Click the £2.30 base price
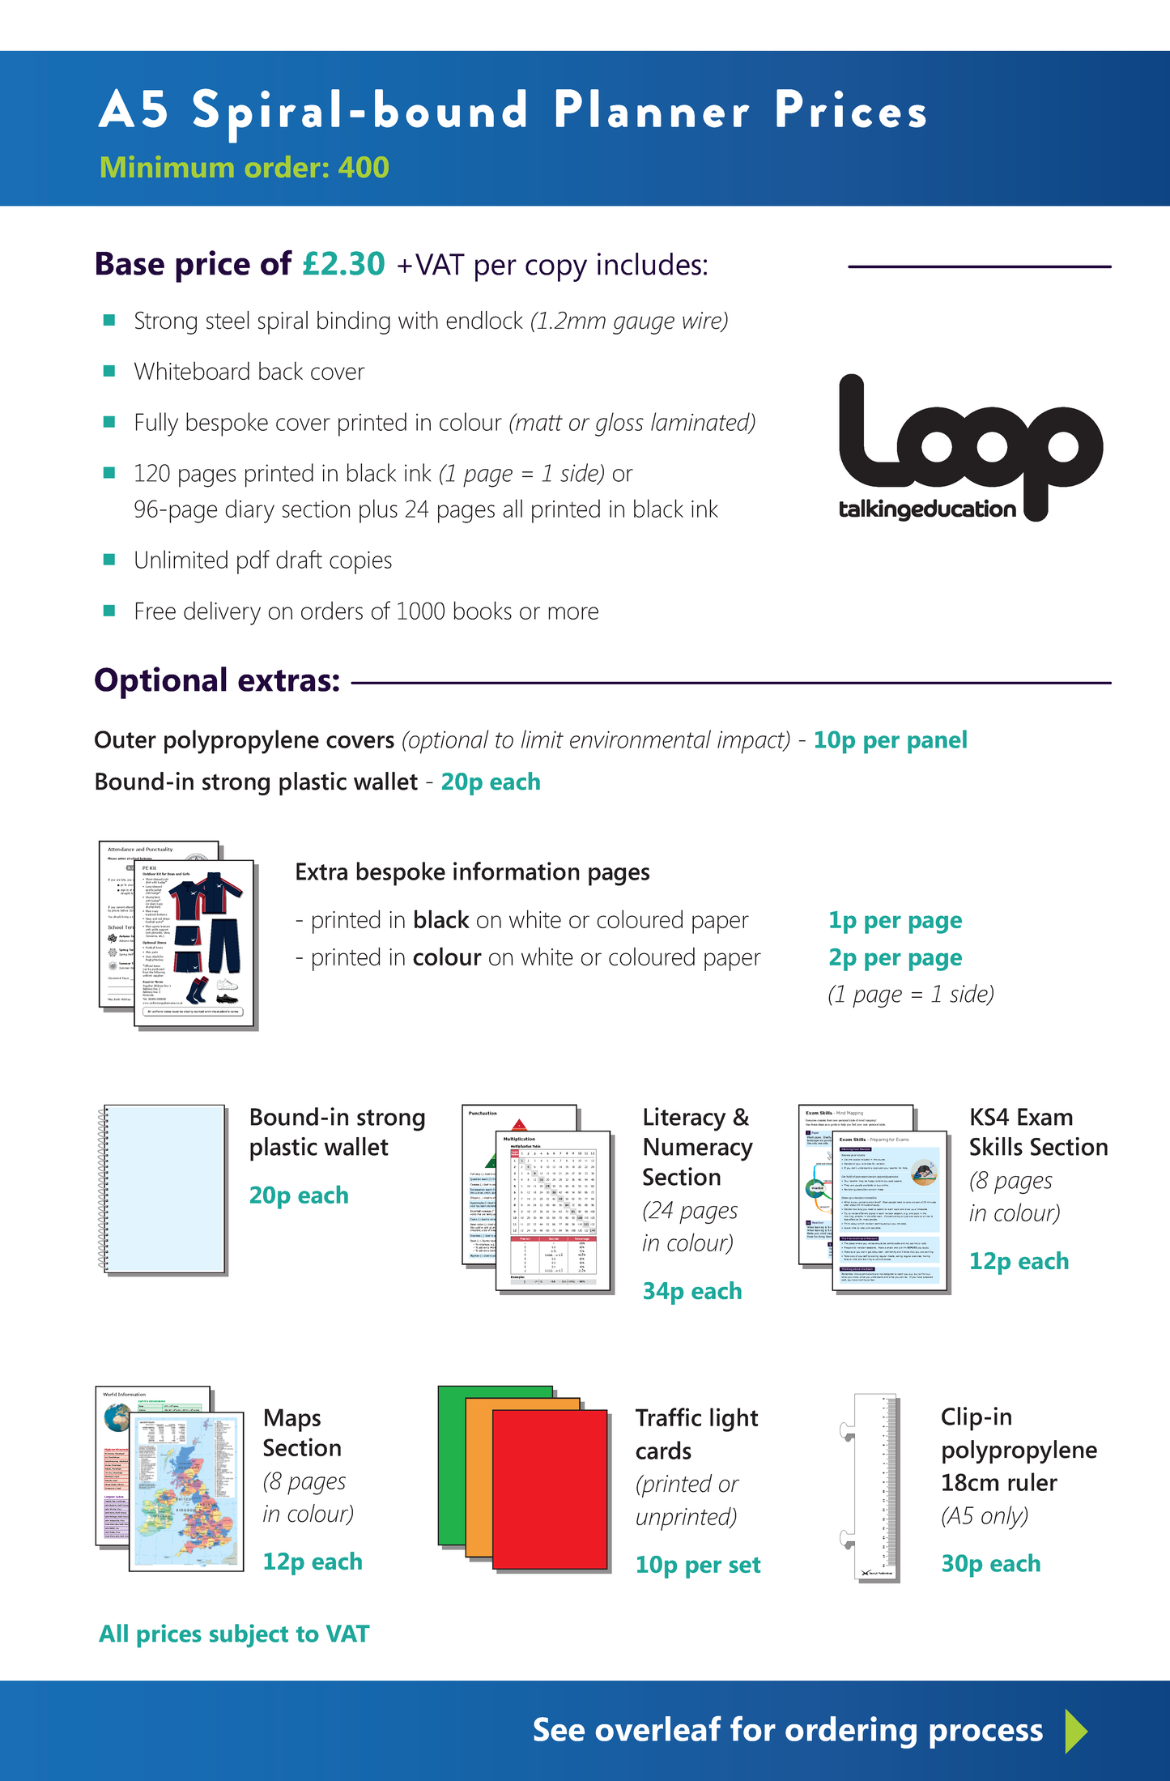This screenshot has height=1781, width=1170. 344,264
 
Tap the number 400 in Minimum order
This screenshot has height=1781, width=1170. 364,168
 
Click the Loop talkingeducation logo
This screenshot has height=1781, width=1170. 970,449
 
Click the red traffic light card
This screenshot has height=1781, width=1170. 551,1489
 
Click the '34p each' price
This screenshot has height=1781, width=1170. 692,1291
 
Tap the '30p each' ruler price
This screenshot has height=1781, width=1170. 990,1563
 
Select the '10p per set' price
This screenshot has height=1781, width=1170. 698,1565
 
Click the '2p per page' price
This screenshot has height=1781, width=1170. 895,957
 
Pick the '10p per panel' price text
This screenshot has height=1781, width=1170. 890,740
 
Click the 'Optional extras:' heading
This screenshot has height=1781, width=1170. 217,680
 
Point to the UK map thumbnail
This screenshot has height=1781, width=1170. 187,1492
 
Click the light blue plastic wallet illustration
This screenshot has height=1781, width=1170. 165,1188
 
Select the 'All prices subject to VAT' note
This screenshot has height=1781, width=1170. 234,1634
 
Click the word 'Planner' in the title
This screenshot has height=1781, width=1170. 651,111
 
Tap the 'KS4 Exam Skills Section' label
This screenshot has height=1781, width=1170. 1038,1132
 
